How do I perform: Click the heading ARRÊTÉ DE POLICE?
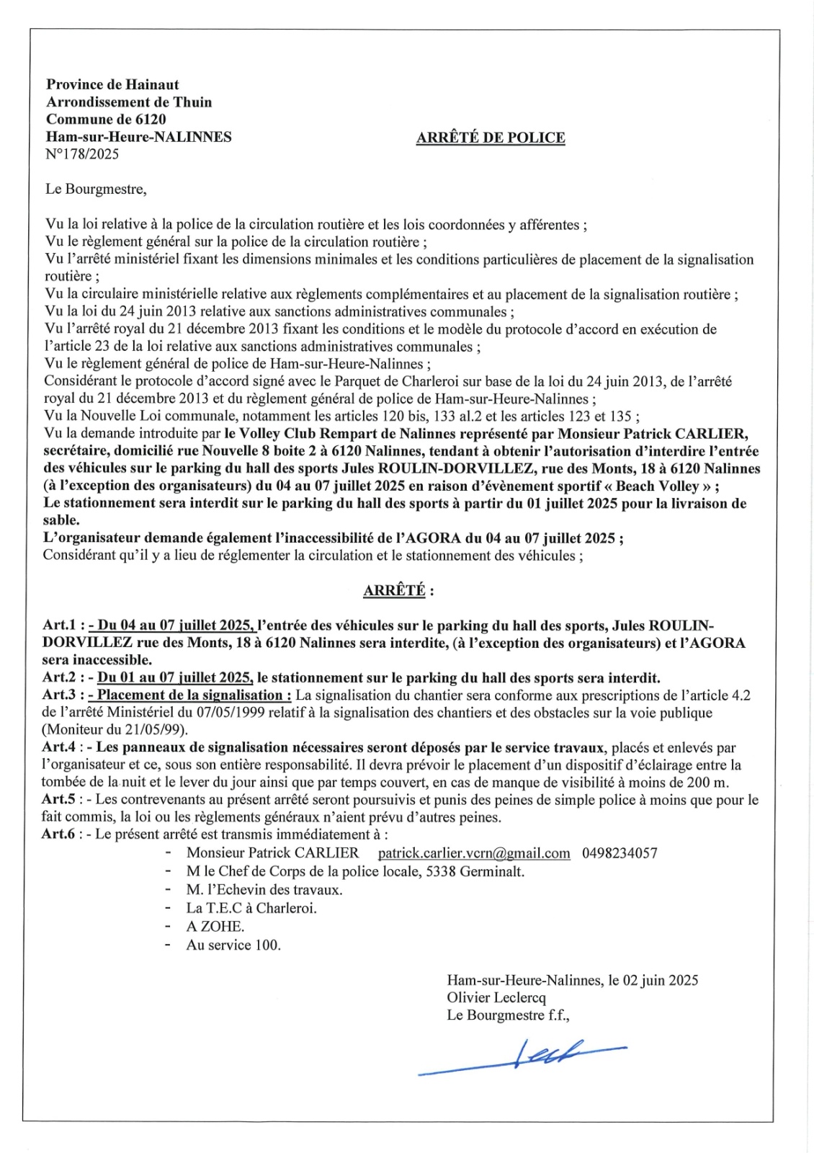[490, 138]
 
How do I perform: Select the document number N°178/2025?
[82, 154]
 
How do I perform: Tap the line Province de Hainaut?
[112, 84]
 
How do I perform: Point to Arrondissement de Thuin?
[129, 102]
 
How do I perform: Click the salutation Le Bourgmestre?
[96, 190]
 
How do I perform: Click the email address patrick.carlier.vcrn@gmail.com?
[474, 853]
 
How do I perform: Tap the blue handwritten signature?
[522, 1058]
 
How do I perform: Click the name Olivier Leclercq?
[496, 998]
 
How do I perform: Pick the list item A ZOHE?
[215, 927]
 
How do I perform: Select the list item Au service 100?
[233, 945]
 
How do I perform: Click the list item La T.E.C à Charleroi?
[251, 908]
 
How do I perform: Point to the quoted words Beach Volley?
[658, 486]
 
